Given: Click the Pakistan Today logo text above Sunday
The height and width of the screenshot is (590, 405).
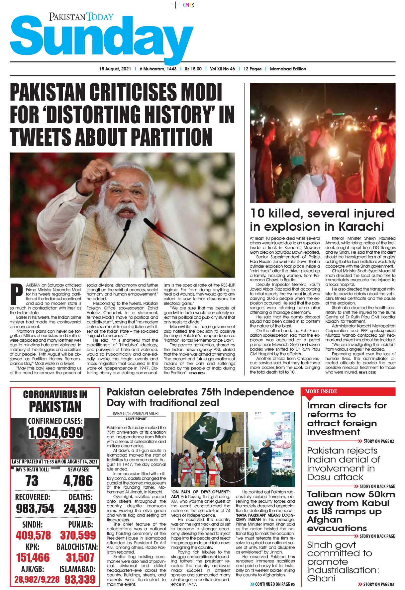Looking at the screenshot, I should tap(81, 17).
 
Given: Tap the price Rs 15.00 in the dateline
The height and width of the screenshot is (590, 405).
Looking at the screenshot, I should tap(193, 69).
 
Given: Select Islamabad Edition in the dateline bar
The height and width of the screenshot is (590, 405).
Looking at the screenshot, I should tap(288, 69).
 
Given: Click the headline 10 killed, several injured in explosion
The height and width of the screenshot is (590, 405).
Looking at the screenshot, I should tap(322, 220).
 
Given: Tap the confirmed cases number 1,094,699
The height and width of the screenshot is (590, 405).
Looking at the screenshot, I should tap(55, 433).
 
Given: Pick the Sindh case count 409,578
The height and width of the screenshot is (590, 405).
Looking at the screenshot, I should tap(33, 535).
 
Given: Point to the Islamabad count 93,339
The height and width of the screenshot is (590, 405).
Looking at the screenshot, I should tap(78, 580).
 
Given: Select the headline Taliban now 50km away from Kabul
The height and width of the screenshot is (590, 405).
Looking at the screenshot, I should tap(351, 511).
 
